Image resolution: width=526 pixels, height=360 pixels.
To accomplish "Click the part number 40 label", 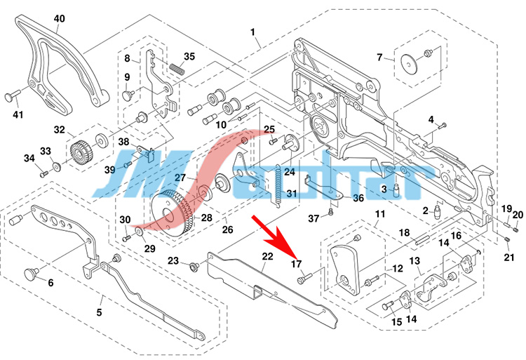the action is click(59, 18).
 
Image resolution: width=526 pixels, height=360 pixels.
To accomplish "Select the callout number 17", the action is click(297, 265).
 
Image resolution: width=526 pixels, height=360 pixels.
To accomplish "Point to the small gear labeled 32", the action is click(83, 151).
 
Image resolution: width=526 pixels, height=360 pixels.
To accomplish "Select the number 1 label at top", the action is click(253, 32).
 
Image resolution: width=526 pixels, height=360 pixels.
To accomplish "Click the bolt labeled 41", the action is click(13, 96).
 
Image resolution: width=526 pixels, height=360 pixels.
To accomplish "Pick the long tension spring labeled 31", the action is click(280, 185).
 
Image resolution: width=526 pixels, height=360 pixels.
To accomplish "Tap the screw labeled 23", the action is click(193, 266).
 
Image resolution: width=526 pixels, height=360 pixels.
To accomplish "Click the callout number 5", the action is click(99, 311).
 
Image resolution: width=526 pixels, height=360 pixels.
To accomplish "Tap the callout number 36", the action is click(358, 199).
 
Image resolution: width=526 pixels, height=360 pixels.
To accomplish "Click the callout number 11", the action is click(379, 213).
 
